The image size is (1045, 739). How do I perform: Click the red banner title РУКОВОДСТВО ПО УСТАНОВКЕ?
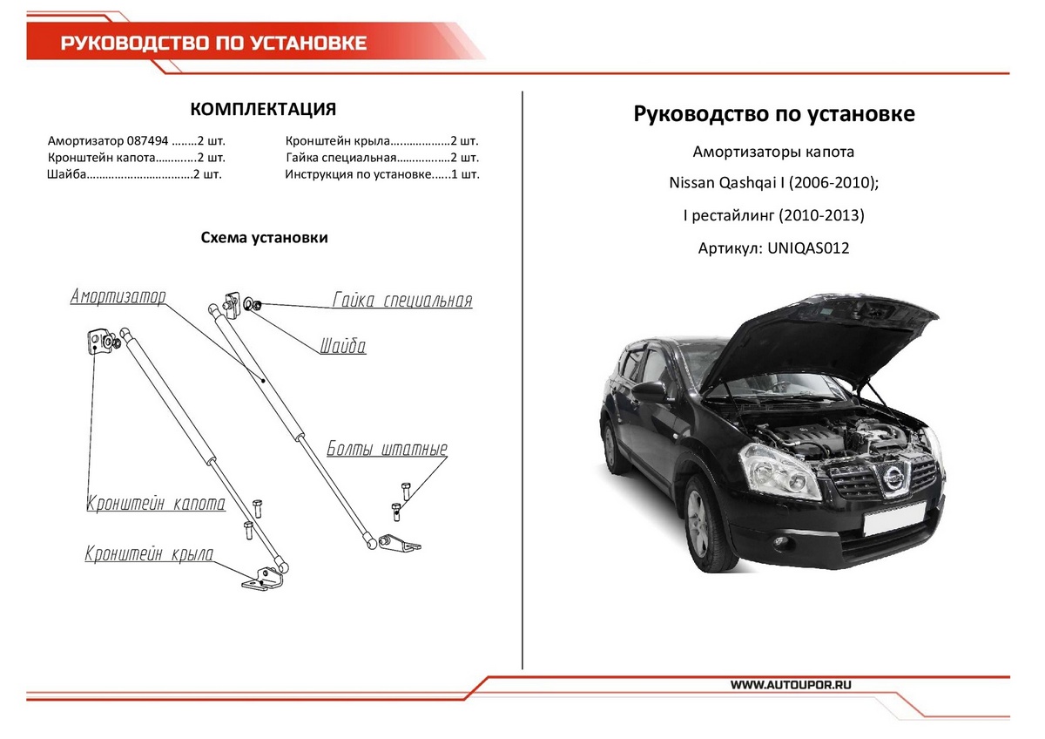(213, 43)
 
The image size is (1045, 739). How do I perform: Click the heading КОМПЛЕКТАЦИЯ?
(263, 109)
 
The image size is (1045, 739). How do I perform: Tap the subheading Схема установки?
(264, 238)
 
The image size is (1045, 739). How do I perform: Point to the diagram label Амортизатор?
(118, 296)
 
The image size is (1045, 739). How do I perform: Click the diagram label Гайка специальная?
(402, 301)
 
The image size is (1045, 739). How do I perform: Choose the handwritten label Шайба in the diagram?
(342, 347)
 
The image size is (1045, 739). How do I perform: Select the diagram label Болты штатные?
(388, 450)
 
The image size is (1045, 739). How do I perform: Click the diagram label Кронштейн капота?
(156, 504)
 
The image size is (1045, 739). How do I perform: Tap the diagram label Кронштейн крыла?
(149, 554)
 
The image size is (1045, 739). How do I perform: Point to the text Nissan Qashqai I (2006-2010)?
(773, 184)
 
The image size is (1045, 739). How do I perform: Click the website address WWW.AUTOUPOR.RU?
(791, 686)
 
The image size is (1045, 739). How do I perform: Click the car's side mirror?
(650, 391)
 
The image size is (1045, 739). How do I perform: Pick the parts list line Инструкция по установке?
(382, 174)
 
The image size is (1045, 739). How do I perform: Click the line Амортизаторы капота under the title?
(773, 152)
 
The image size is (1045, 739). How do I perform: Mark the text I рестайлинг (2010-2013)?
(773, 215)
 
